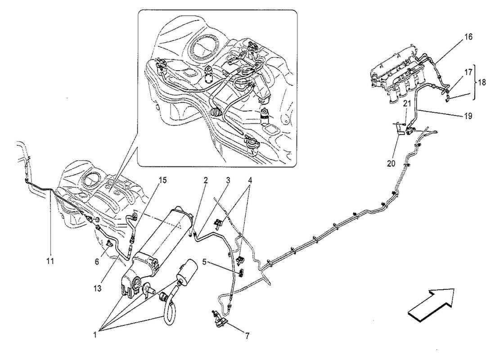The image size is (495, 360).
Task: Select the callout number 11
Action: click(50, 261)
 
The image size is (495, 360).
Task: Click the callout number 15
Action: click(162, 180)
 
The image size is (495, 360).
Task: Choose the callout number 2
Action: click(205, 180)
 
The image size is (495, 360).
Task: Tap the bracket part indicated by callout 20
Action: click(400, 130)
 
